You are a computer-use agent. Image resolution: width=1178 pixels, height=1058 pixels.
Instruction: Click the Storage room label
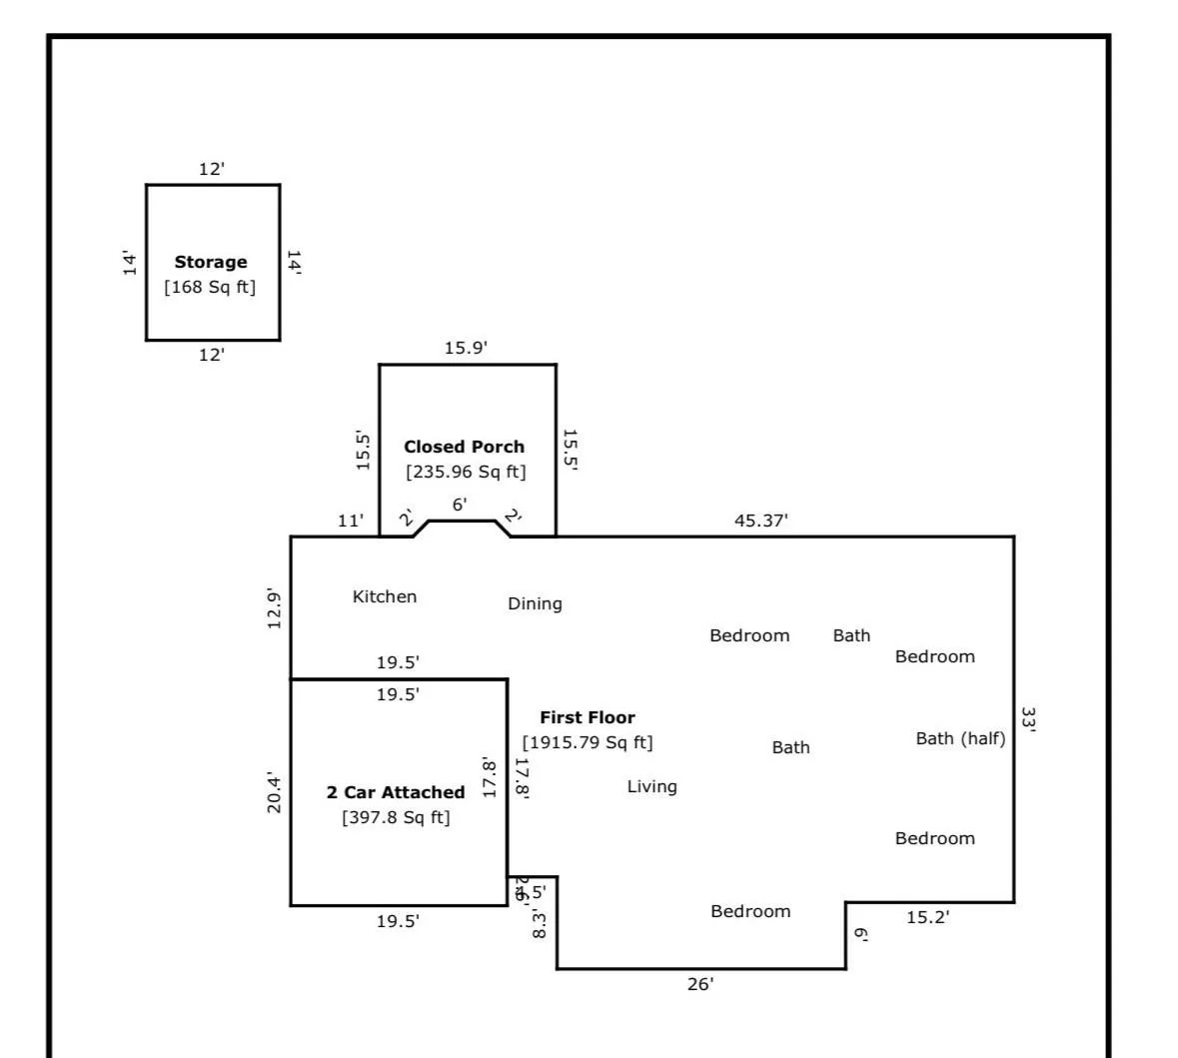pyautogui.click(x=211, y=262)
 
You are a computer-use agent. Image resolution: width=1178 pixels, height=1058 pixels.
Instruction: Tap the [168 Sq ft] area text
pyautogui.click(x=210, y=288)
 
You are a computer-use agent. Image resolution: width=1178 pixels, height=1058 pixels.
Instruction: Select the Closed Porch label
pyautogui.click(x=464, y=447)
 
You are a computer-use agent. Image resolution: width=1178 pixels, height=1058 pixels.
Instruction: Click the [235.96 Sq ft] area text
pyautogui.click(x=466, y=472)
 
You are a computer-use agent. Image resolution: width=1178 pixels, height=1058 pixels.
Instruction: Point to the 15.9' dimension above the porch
pyautogui.click(x=466, y=348)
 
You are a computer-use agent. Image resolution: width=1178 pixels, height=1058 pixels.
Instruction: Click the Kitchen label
pyautogui.click(x=385, y=596)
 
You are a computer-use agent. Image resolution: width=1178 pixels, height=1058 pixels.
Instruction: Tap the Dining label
pyautogui.click(x=535, y=603)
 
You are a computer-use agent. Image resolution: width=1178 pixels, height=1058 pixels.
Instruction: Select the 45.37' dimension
pyautogui.click(x=761, y=521)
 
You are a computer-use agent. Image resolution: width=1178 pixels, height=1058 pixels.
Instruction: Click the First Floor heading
pyautogui.click(x=588, y=717)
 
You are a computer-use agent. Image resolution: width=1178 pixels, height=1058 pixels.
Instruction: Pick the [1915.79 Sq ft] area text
pyautogui.click(x=588, y=742)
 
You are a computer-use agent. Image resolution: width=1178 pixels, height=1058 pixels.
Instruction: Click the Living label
pyautogui.click(x=651, y=786)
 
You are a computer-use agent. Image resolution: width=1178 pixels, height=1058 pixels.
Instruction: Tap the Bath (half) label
pyautogui.click(x=960, y=738)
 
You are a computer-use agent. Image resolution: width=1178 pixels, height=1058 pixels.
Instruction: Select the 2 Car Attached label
pyautogui.click(x=396, y=792)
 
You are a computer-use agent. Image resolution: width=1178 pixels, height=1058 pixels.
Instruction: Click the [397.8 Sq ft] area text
pyautogui.click(x=396, y=817)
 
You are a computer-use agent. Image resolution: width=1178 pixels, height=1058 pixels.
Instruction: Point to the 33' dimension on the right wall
pyautogui.click(x=1028, y=719)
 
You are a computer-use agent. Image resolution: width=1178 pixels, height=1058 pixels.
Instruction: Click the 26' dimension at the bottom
pyautogui.click(x=700, y=984)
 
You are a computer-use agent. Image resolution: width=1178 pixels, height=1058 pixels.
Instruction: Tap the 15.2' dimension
pyautogui.click(x=927, y=917)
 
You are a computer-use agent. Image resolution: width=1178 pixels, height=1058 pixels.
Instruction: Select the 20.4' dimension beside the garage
pyautogui.click(x=274, y=793)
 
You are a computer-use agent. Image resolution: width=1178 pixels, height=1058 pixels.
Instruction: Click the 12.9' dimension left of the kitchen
pyautogui.click(x=274, y=608)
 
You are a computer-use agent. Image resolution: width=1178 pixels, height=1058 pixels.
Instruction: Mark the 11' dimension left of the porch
pyautogui.click(x=351, y=521)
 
